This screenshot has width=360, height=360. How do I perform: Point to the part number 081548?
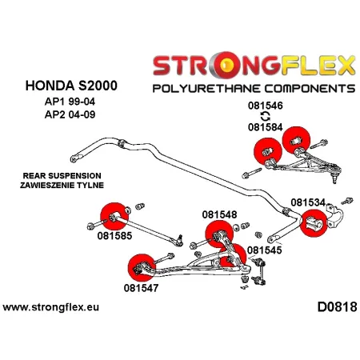219,214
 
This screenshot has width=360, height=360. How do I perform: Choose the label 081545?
265,250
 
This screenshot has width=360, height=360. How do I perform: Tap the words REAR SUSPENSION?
51,174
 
